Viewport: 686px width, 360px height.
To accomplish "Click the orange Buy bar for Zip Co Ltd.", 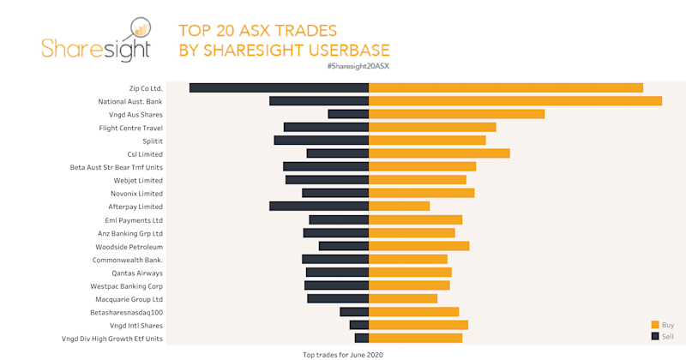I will pos(506,87).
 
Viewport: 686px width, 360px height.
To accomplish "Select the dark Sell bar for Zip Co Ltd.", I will pos(279,87).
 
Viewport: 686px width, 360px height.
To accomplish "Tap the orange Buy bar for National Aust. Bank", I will pos(514,101).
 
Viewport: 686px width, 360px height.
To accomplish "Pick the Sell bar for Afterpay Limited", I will pos(318,207).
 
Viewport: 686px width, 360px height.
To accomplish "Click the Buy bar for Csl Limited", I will pos(439,153).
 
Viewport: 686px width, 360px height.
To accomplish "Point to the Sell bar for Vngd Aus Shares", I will pos(347,114).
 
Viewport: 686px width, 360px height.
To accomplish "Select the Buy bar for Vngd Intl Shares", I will pos(418,325).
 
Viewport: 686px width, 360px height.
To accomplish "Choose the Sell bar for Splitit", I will pos(321,141).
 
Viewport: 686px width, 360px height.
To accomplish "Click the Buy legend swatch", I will pos(655,325).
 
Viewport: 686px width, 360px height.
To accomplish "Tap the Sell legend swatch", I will pos(655,336).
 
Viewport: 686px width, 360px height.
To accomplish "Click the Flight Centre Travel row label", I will pos(130,128).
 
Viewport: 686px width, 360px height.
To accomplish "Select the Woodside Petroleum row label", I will pos(129,246).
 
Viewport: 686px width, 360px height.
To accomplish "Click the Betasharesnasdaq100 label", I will pos(126,312).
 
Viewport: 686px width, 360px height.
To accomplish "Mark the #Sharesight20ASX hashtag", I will pos(358,66).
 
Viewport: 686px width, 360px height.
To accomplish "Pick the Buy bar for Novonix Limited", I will pos(421,193).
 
